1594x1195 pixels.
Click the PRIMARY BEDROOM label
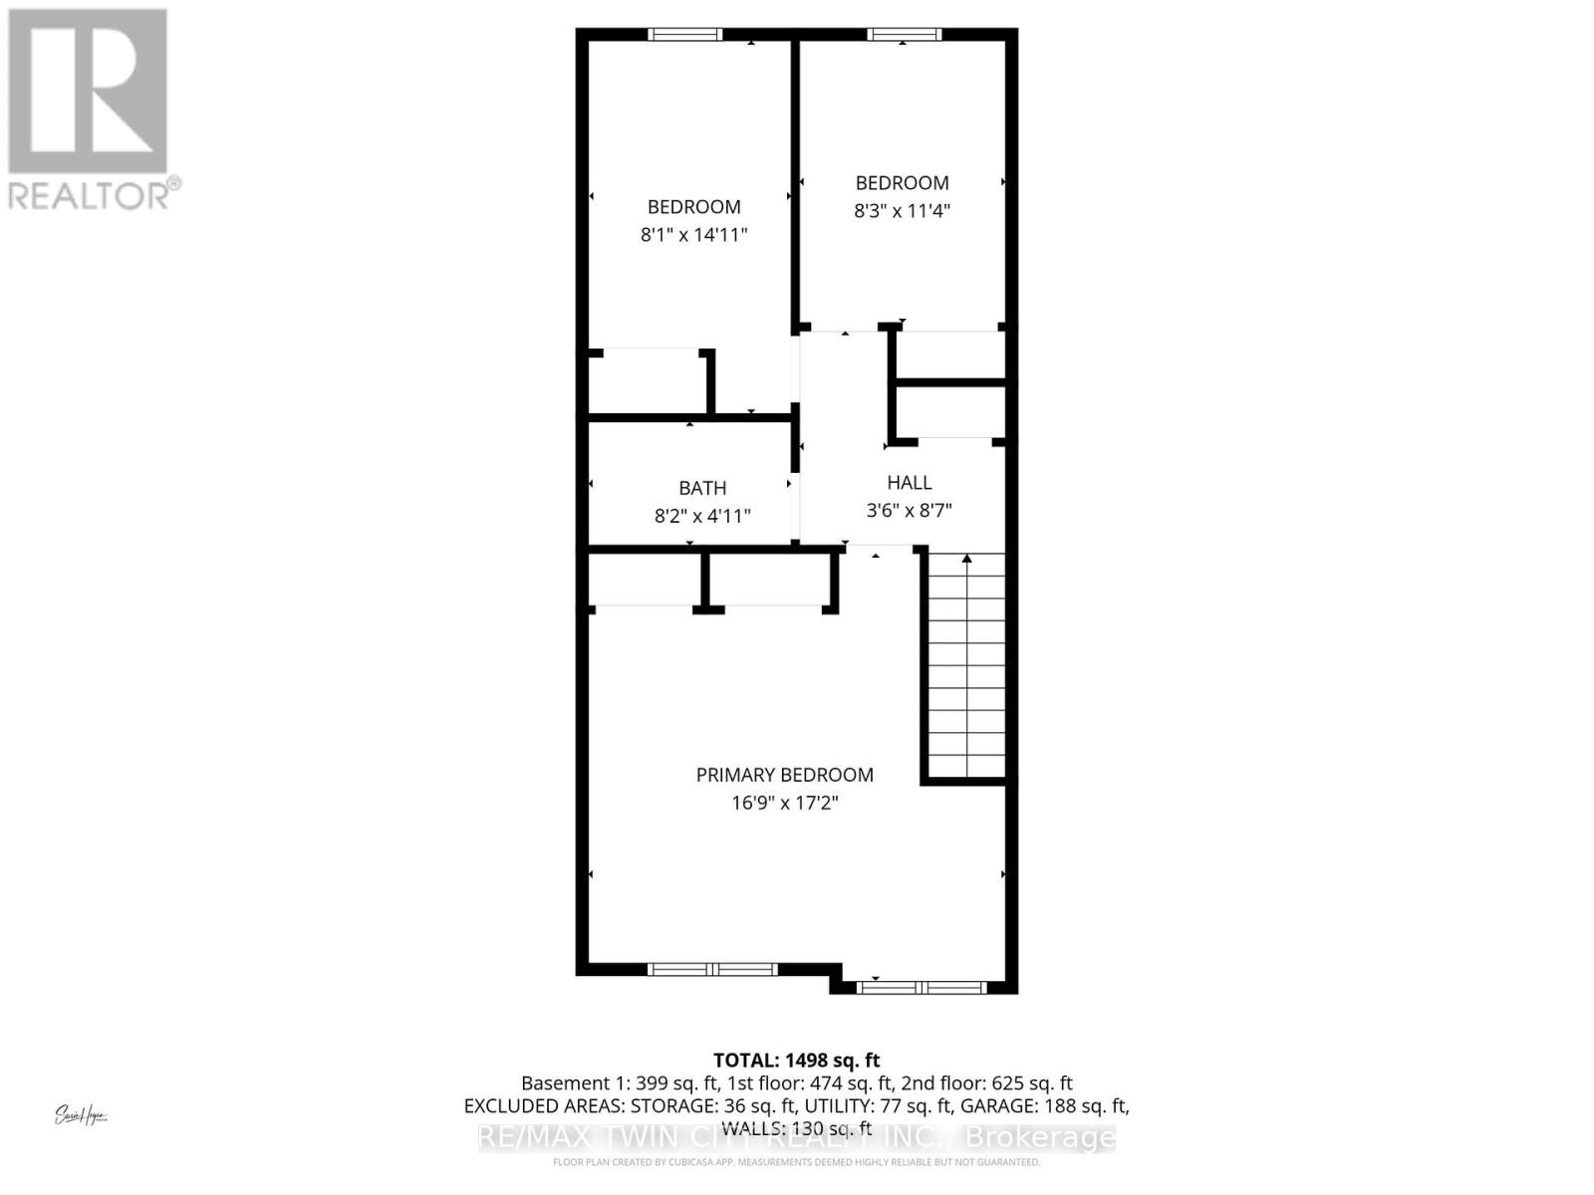click(x=784, y=775)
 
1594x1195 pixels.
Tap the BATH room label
click(x=702, y=488)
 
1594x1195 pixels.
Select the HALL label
click(x=910, y=483)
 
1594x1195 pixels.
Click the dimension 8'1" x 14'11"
click(x=693, y=235)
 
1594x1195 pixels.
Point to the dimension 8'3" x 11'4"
click(x=902, y=211)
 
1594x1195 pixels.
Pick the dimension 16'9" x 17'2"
click(x=784, y=803)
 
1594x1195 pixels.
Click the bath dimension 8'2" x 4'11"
click(x=702, y=516)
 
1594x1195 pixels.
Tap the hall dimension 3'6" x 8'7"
click(x=910, y=511)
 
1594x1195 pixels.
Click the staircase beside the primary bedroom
click(x=966, y=667)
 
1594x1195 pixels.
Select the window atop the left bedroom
click(x=684, y=35)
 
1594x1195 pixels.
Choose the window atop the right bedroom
click(x=904, y=35)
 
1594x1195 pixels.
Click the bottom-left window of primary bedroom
click(x=711, y=969)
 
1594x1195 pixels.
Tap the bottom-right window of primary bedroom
click(x=922, y=988)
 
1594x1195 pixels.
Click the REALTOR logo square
click(x=88, y=92)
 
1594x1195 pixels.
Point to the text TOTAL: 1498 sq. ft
click(x=796, y=1061)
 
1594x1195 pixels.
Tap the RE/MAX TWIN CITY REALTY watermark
click(x=797, y=1137)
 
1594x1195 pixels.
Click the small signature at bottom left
click(x=81, y=1115)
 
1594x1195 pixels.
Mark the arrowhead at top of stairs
click(x=966, y=559)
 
